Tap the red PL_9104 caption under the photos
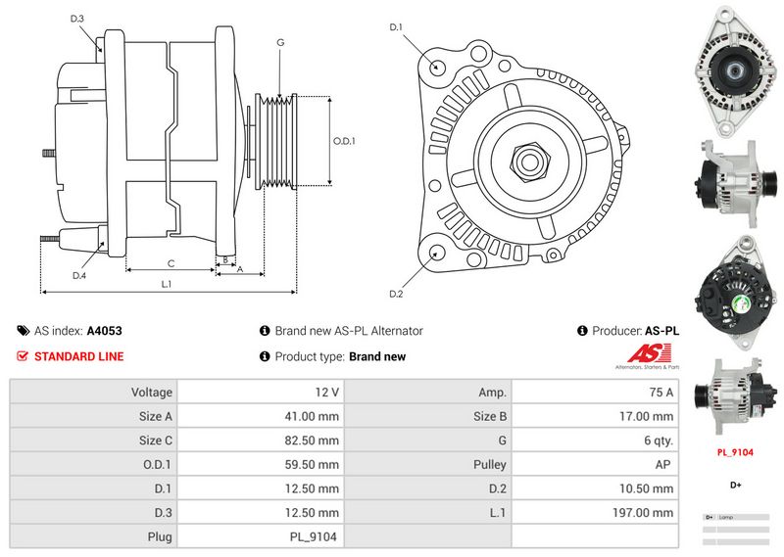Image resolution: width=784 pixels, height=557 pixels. (734, 453)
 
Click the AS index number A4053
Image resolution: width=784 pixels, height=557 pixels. (105, 331)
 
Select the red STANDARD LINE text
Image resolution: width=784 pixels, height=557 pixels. (79, 356)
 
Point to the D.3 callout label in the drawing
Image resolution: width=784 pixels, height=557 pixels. (77, 19)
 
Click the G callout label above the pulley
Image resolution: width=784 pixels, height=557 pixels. (280, 42)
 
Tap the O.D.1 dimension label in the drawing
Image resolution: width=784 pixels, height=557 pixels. (344, 141)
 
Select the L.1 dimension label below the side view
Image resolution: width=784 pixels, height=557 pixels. (167, 284)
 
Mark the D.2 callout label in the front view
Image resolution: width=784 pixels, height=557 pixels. (396, 294)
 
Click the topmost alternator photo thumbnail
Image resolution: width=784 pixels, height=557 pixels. (734, 69)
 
